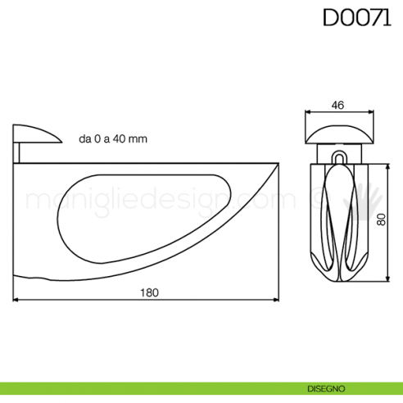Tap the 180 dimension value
[x=147, y=292]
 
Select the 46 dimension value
[x=337, y=104]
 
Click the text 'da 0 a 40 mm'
[x=113, y=139]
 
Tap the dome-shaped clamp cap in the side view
[x=36, y=134]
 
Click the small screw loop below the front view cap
[x=337, y=156]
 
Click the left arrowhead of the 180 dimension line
[x=17, y=300]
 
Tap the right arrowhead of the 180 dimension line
[x=277, y=300]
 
